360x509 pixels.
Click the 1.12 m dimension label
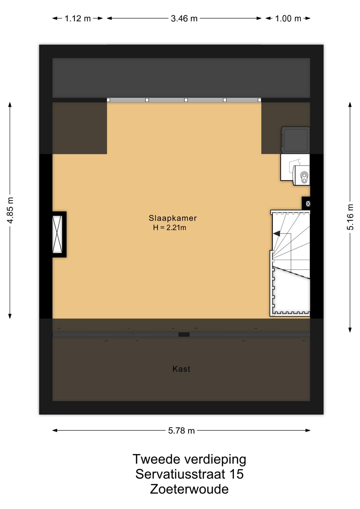(x=78, y=19)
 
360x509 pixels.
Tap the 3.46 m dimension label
(x=184, y=19)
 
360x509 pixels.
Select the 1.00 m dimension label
(x=288, y=19)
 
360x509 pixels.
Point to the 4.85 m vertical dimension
(x=10, y=210)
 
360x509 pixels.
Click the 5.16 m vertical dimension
(x=350, y=217)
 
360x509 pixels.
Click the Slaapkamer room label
(x=173, y=218)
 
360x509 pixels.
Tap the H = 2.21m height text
(x=170, y=227)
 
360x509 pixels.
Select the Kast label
(x=181, y=369)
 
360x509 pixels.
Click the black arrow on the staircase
(x=277, y=234)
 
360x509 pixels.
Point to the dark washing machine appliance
(x=295, y=140)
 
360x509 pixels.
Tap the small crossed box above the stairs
(x=308, y=204)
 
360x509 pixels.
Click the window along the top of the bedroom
(x=184, y=100)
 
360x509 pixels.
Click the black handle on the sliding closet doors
(x=184, y=335)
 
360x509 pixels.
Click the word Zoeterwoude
(x=189, y=489)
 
